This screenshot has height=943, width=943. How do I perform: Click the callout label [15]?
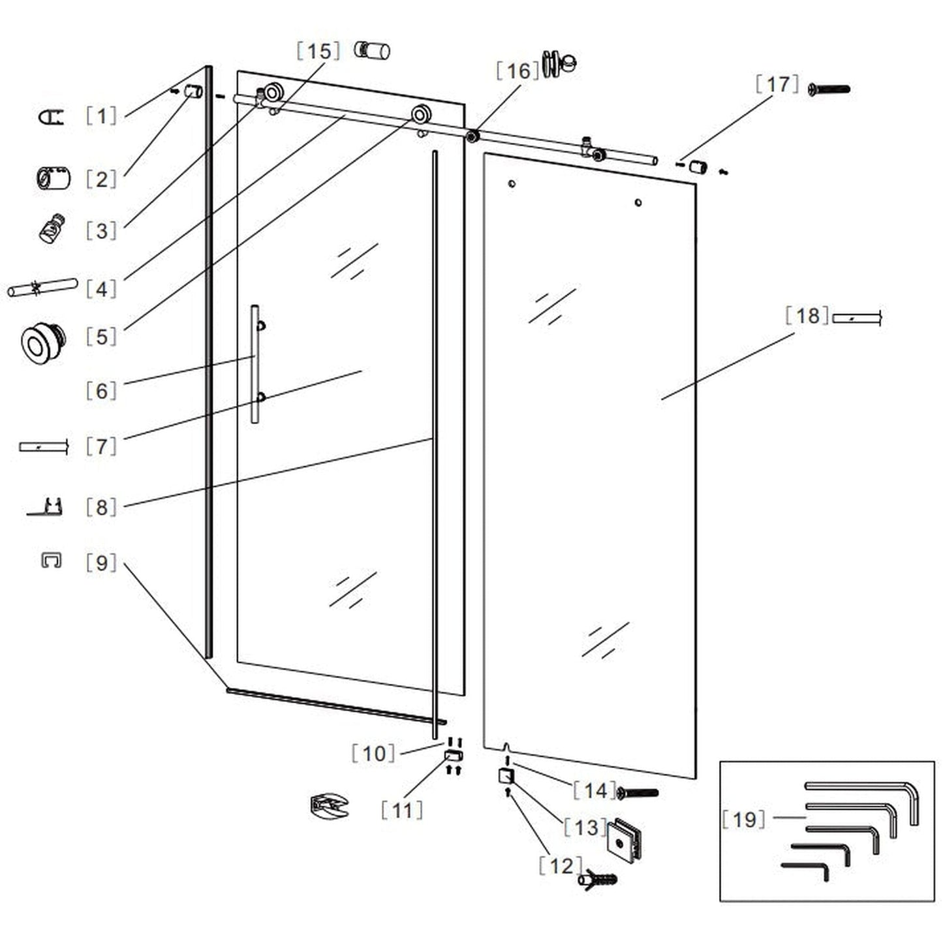[x=318, y=51]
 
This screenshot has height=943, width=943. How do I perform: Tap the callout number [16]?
[x=518, y=70]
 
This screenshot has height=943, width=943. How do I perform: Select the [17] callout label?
[x=777, y=84]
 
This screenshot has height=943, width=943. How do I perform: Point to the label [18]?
[x=807, y=316]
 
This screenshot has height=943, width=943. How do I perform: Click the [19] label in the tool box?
[x=744, y=819]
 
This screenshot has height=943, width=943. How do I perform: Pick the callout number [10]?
[x=374, y=753]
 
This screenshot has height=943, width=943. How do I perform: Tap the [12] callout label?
[x=561, y=866]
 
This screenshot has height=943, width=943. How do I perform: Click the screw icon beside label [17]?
[x=829, y=89]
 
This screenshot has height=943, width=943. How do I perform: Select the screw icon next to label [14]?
[x=638, y=793]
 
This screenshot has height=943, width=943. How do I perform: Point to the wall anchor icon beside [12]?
[x=598, y=879]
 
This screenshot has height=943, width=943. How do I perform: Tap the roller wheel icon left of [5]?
[x=43, y=342]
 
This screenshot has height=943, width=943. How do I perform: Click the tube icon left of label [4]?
[x=42, y=288]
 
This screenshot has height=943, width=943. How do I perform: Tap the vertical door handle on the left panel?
[x=255, y=363]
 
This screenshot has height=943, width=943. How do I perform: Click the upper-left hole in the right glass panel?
[x=512, y=184]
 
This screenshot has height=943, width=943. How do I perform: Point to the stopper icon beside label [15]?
[x=372, y=50]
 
